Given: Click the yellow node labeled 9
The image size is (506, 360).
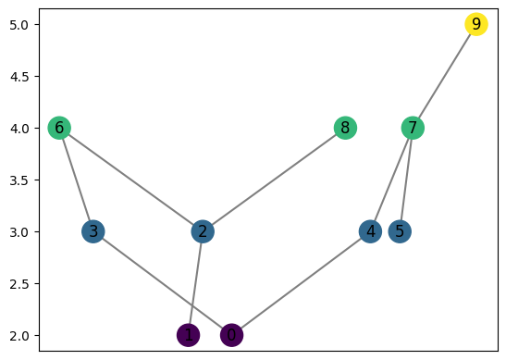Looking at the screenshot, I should pos(475,24).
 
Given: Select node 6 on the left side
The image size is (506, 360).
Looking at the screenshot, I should pos(60,128).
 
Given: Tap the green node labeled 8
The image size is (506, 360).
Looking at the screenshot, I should pos(345,128).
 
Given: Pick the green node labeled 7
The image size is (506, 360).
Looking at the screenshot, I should pos(413,128).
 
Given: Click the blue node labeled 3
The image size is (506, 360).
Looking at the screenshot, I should pos(93,231).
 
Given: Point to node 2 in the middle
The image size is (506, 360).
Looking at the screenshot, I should pos(203,231).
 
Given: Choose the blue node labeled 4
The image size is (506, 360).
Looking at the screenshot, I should pos(371,231).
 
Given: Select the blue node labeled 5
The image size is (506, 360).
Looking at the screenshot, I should pos(400,231).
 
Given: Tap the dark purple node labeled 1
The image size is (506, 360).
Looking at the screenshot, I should pos(188,335).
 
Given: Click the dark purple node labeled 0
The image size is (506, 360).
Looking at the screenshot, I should pos(232,335).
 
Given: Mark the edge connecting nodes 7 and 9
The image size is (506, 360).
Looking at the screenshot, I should pos(444,76).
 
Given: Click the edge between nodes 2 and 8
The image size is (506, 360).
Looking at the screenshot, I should pos(274,180).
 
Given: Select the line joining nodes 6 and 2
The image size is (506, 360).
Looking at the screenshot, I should pos(131,180).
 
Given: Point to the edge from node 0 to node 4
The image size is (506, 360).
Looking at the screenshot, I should pos(302,283).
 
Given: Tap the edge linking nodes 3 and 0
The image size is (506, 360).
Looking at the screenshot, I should pos(162,283).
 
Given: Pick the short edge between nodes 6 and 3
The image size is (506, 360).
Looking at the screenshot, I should pos(76,180).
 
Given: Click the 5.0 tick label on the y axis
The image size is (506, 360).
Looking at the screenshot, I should pos(20,25).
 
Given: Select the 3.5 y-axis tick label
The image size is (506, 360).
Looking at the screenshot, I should pos(20,180).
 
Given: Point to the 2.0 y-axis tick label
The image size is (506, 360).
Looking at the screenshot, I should pos(20,335).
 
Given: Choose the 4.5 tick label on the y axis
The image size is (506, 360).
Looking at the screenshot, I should pos(20,76).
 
